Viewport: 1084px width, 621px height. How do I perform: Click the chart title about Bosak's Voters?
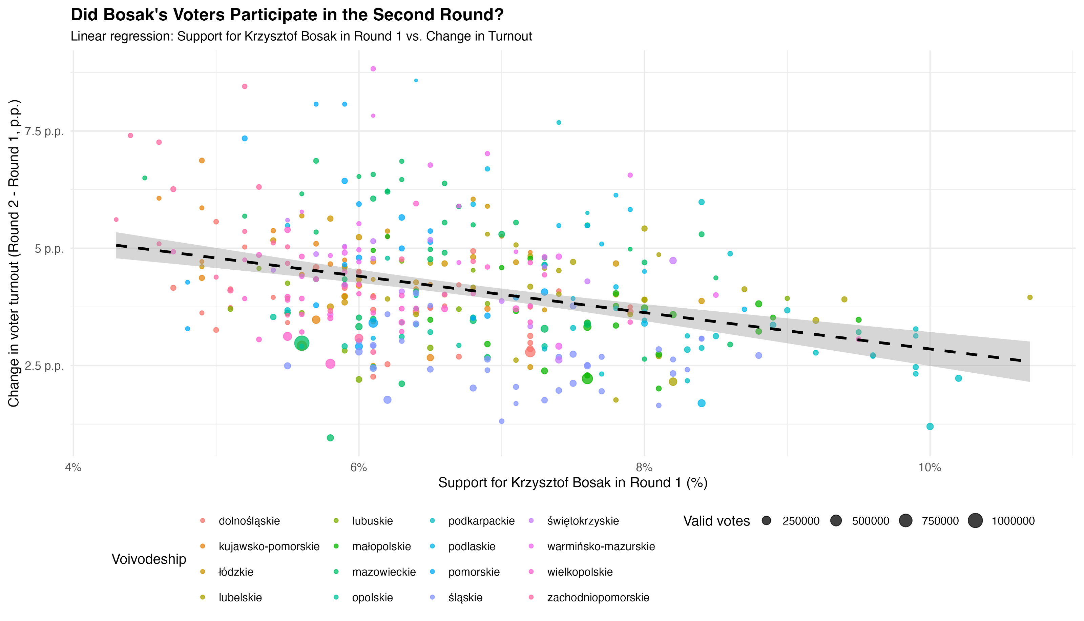coord(287,15)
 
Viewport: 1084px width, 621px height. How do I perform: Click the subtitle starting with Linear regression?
coord(301,36)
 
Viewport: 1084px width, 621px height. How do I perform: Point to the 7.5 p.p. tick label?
coord(44,131)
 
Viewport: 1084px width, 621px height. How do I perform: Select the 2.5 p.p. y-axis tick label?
coord(44,366)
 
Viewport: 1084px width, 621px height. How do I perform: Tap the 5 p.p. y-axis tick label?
coord(49,249)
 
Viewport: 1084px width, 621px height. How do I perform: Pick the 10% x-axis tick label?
coord(930,468)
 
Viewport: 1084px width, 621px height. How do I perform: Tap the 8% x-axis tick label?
coord(644,468)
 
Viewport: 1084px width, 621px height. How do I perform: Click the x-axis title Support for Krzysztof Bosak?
coord(573,483)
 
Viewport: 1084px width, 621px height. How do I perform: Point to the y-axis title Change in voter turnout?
coord(14,253)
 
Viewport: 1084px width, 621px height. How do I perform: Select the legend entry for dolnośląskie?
coord(249,521)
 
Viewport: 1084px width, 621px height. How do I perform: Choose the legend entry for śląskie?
coord(465,598)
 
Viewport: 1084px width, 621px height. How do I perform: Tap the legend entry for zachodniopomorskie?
coord(598,598)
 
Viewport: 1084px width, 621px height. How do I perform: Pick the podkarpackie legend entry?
coord(481,521)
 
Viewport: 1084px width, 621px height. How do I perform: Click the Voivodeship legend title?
coord(149,559)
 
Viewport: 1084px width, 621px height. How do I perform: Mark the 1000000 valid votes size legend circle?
coord(975,521)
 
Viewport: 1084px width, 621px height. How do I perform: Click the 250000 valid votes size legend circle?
coord(766,521)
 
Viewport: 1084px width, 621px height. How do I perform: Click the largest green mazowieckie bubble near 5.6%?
coord(302,343)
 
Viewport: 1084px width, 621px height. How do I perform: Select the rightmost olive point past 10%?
coord(1030,297)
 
